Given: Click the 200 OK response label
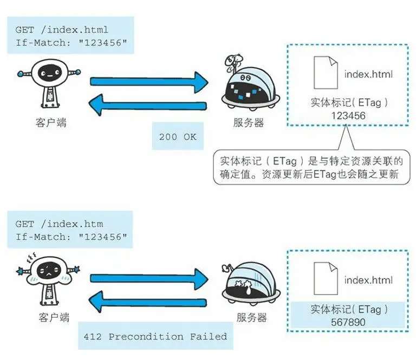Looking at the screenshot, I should click(x=177, y=136).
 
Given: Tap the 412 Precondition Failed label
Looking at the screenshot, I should click(x=155, y=336).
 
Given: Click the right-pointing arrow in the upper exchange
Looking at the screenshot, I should click(x=149, y=82).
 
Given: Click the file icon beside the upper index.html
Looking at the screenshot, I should click(x=324, y=74).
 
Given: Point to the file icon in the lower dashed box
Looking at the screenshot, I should click(x=324, y=279).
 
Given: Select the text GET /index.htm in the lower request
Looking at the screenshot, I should click(x=58, y=224).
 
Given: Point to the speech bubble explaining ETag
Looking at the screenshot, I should click(x=308, y=167).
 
